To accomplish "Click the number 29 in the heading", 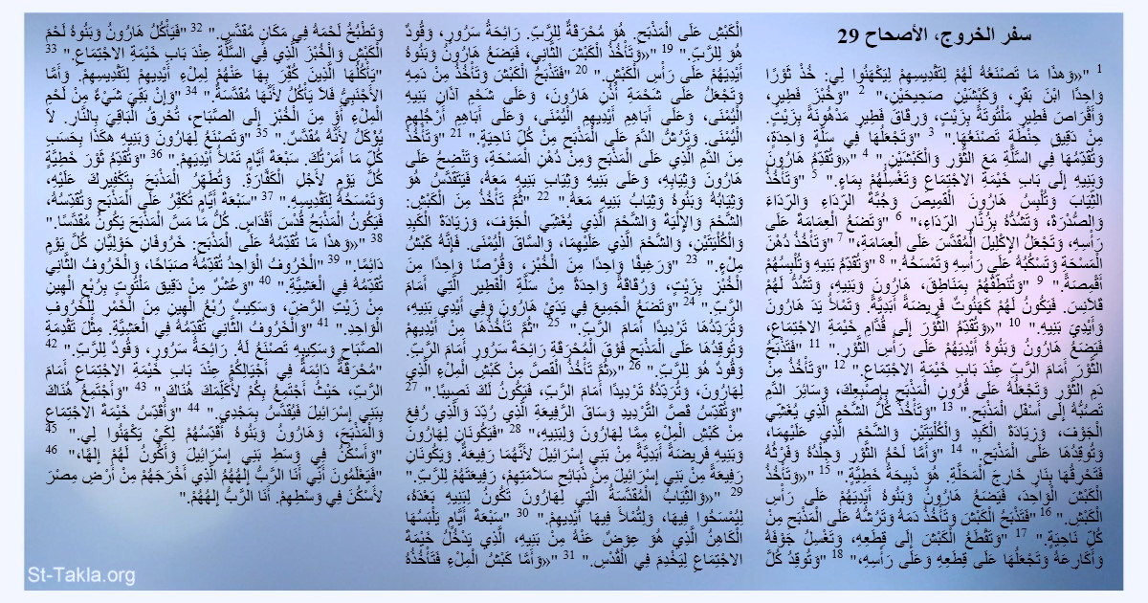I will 849,37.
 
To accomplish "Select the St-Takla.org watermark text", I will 68,574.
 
